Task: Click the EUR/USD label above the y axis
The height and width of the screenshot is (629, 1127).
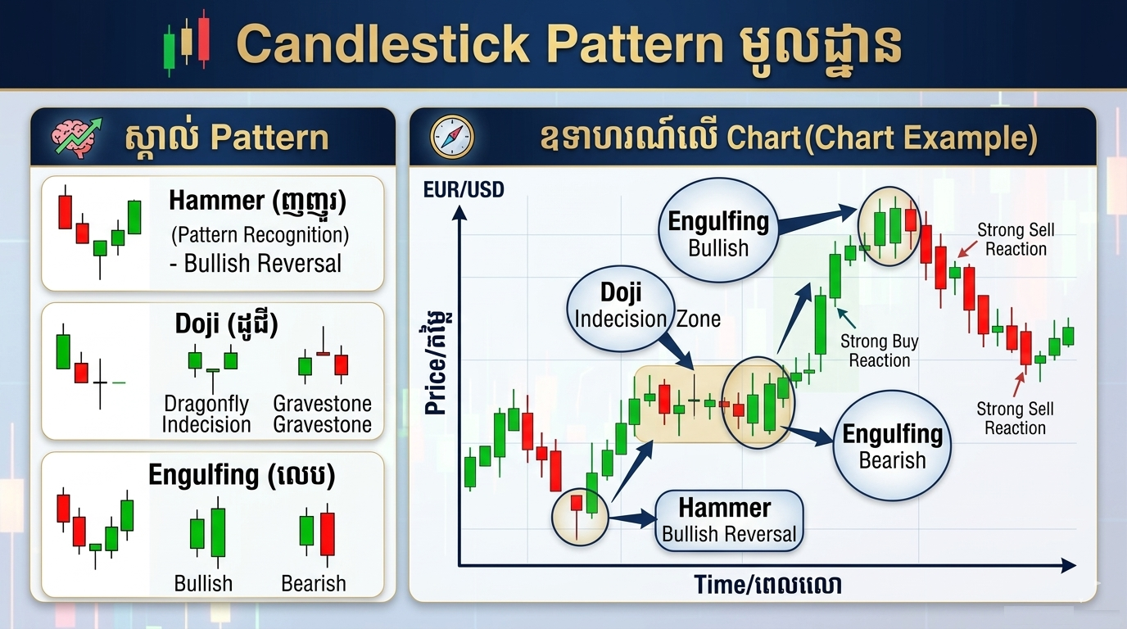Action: (464, 191)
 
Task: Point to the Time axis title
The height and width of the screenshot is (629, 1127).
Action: (767, 584)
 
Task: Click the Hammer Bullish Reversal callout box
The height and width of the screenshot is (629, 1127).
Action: (728, 520)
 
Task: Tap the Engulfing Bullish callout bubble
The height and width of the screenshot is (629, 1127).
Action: (717, 233)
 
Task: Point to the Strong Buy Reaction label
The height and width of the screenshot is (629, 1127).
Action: (879, 351)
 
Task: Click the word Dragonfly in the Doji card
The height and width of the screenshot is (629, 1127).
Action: (206, 404)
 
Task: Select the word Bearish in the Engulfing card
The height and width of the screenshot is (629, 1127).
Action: (313, 583)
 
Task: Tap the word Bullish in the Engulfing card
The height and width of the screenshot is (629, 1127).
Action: (203, 583)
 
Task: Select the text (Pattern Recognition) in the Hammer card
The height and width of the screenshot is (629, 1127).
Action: (260, 235)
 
